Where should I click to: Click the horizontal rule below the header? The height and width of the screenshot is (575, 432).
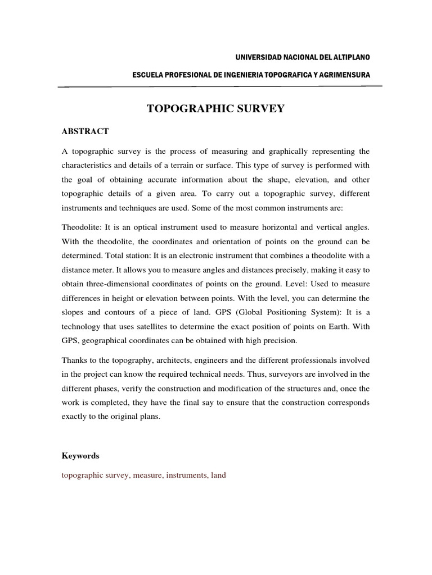pyautogui.click(x=220, y=87)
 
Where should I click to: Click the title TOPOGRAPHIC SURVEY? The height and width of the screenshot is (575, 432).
pyautogui.click(x=216, y=109)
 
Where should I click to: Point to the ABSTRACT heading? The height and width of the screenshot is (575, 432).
pyautogui.click(x=85, y=131)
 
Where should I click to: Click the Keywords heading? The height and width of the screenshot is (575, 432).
pyautogui.click(x=80, y=456)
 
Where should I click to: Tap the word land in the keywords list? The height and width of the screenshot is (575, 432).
pyautogui.click(x=218, y=475)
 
